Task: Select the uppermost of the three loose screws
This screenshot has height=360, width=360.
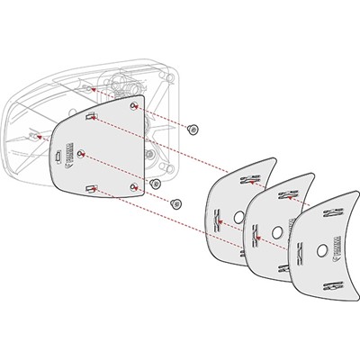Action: (193, 130)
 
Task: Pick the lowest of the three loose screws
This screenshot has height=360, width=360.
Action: (175, 203)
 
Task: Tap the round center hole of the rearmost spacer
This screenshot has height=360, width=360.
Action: (238, 217)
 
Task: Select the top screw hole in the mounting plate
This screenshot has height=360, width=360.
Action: (134, 106)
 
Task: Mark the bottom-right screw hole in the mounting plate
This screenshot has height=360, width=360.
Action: (133, 186)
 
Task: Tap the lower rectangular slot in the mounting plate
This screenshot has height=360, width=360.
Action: (92, 187)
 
